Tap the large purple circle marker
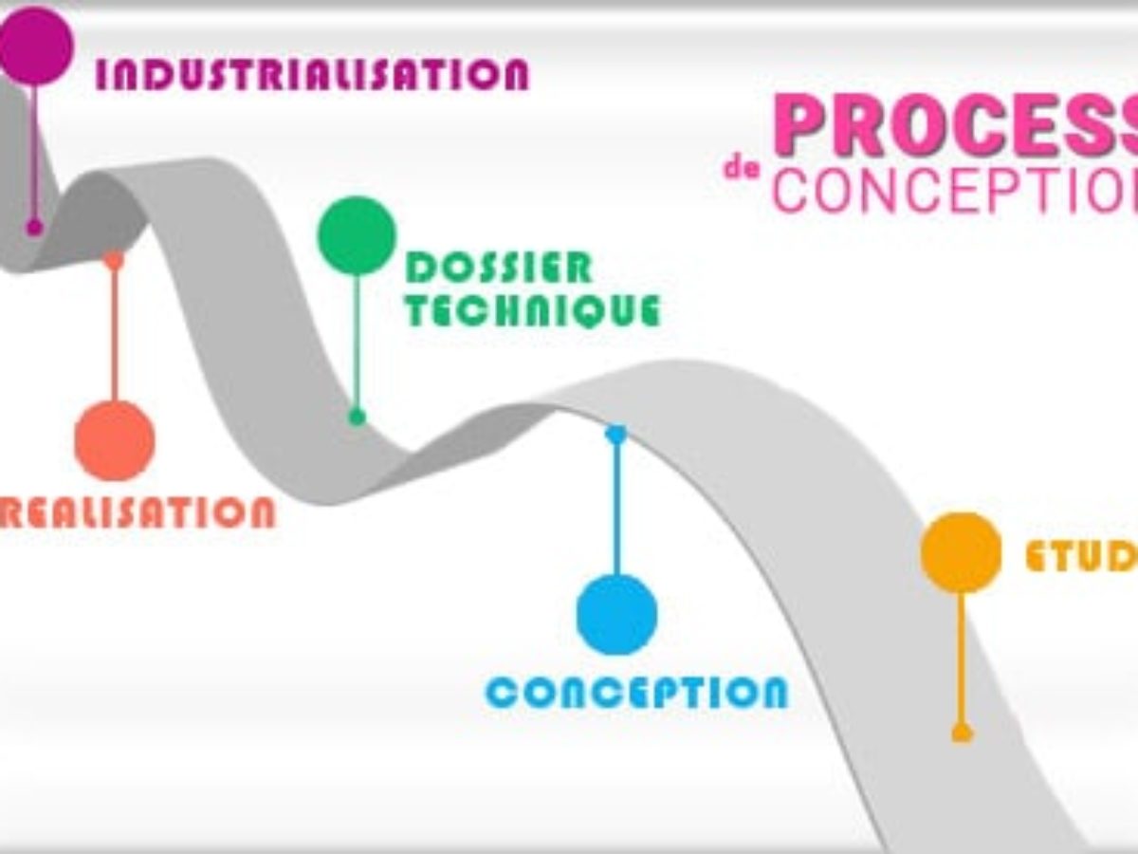(35, 46)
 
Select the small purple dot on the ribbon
(35, 227)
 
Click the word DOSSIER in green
(499, 269)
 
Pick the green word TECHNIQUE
(532, 310)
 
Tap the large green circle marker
(357, 235)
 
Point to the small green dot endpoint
(357, 416)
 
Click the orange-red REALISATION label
(138, 511)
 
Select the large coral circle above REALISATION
(115, 440)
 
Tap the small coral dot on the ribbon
(114, 259)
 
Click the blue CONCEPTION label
(636, 693)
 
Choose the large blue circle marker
(616, 614)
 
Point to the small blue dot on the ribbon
(616, 434)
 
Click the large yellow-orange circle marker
(961, 552)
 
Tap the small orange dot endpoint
(962, 733)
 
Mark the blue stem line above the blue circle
(616, 508)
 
